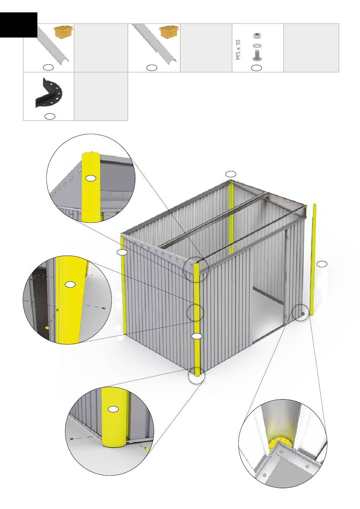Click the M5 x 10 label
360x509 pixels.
coord(238,50)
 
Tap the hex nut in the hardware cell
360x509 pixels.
coord(257,36)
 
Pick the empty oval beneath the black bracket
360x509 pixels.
coord(50,116)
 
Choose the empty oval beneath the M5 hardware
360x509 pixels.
coord(256,67)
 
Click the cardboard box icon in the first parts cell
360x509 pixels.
coord(63,32)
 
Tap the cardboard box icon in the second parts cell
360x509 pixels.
coord(169,32)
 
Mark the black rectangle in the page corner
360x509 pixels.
coord(19,25)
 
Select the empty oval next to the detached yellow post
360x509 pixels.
coord(322,264)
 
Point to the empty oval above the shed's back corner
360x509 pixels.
coord(231,174)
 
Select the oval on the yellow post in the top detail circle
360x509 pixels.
coord(91,178)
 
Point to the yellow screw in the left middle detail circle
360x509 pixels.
coord(47,328)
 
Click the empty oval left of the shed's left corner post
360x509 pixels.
coord(122,252)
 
